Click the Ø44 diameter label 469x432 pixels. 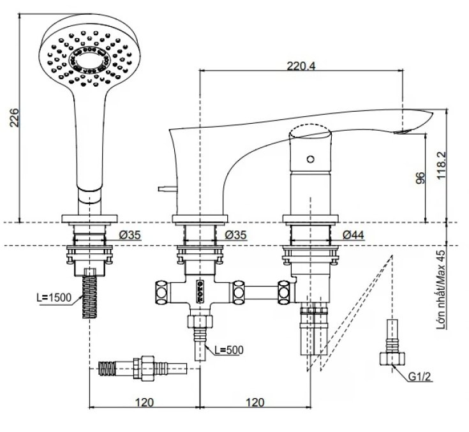point(354,235)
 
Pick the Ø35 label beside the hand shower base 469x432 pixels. point(130,235)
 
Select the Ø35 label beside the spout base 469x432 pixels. point(237,235)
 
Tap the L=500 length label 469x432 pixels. point(227,349)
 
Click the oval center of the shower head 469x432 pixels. point(87,59)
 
